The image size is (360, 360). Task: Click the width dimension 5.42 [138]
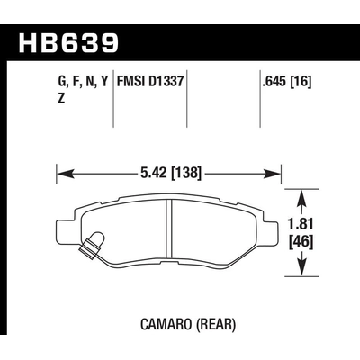(x=170, y=168)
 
